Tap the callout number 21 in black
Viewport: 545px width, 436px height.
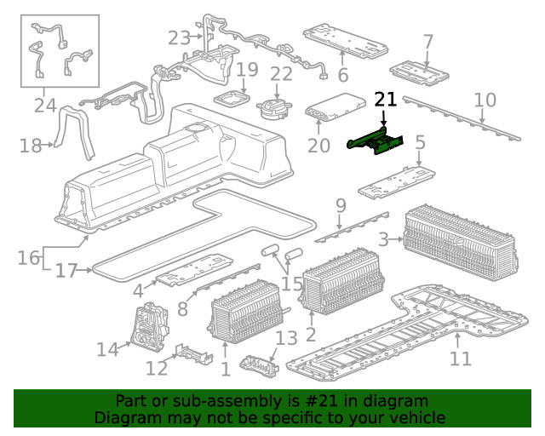coord(386,100)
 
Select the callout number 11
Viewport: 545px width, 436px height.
coord(460,359)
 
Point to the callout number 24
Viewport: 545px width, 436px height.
coord(44,106)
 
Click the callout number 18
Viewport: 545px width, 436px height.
coord(30,146)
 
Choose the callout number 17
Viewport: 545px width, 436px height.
coord(66,271)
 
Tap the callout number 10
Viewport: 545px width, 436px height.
coord(485,100)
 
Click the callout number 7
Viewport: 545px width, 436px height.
coord(428,41)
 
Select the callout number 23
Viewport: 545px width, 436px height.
coord(179,37)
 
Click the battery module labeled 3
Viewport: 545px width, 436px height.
coord(460,238)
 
